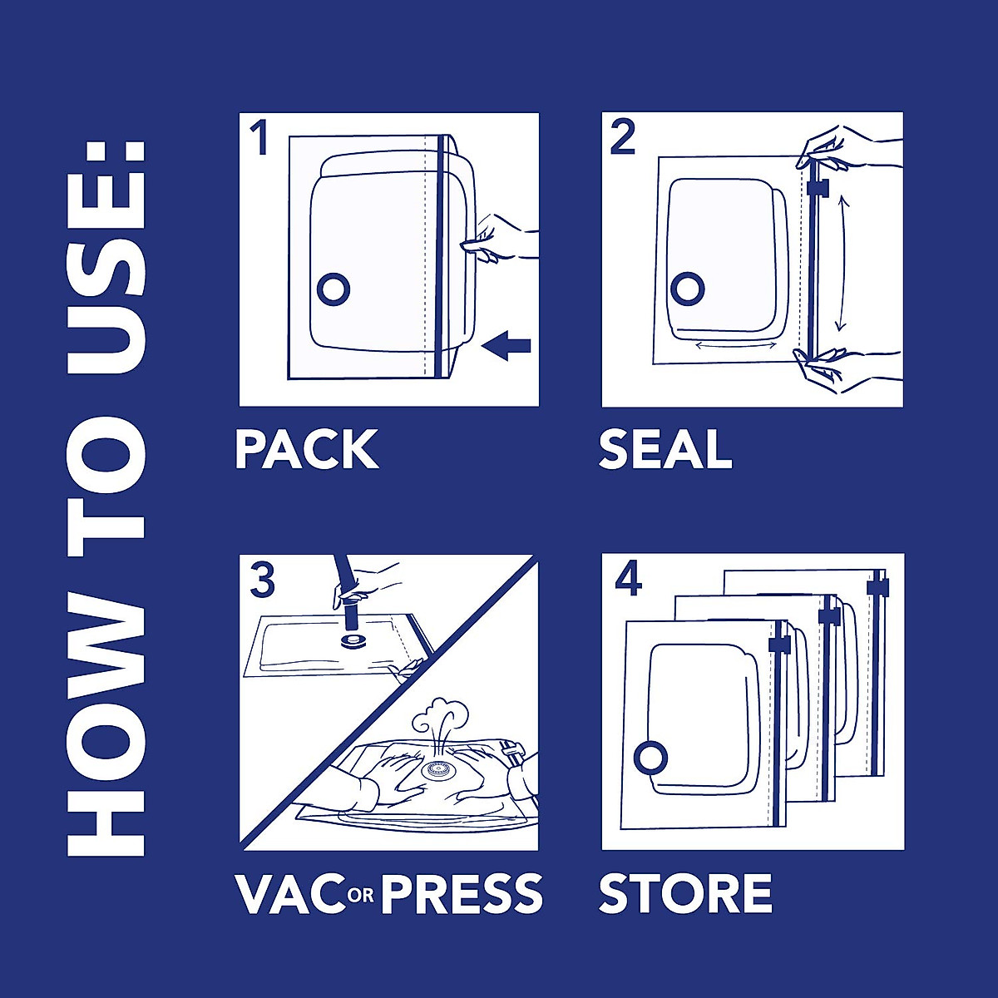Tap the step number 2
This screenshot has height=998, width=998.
point(623,138)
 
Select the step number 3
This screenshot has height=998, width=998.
point(263,581)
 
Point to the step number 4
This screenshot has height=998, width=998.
point(628,579)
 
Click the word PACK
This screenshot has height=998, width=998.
point(306,450)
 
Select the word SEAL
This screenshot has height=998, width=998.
point(665,450)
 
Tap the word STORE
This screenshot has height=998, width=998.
point(685,893)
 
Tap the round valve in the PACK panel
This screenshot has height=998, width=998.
point(333,289)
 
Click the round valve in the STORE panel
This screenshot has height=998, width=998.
point(651,758)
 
